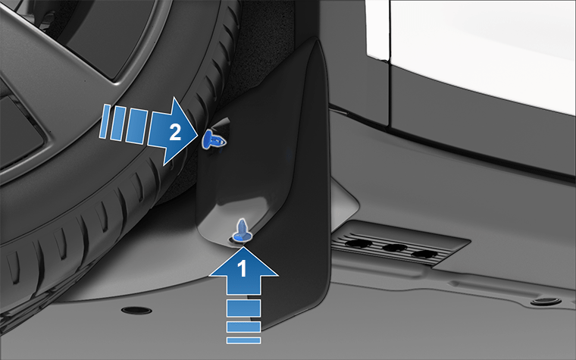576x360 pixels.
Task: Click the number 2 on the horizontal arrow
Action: click(175, 132)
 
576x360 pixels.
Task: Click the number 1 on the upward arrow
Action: click(243, 268)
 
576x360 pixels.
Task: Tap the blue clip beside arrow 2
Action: click(214, 139)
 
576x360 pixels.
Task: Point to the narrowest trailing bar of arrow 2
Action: click(105, 121)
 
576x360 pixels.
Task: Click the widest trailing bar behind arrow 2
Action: click(136, 126)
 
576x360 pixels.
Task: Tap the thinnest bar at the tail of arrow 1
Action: click(243, 340)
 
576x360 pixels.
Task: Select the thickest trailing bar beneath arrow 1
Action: click(243, 308)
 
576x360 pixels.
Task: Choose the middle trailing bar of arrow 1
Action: click(243, 327)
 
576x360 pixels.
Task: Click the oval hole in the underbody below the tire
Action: click(136, 311)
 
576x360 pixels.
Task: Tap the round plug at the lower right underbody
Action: click(546, 302)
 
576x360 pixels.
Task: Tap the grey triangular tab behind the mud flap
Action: click(343, 204)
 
